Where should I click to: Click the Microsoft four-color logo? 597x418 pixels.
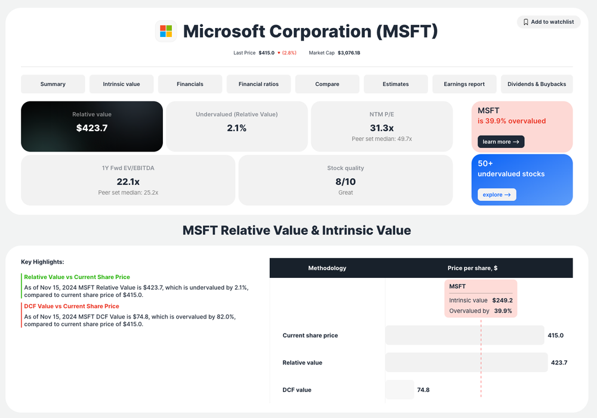[166, 31]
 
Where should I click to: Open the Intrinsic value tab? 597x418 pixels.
[121, 84]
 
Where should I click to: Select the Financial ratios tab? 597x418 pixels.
[259, 84]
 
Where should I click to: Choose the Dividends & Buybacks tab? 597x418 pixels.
[537, 84]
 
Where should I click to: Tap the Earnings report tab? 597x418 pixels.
[464, 84]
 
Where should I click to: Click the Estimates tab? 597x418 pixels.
[395, 84]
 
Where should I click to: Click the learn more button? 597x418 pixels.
[501, 142]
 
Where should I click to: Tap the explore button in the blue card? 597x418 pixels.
[497, 194]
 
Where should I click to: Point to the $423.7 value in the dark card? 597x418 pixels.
[92, 128]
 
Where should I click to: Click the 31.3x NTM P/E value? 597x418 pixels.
[381, 128]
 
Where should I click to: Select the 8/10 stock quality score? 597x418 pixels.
[345, 181]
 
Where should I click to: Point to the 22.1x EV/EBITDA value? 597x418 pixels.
[128, 181]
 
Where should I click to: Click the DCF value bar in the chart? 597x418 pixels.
[399, 390]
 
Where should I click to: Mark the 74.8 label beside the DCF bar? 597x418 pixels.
[423, 390]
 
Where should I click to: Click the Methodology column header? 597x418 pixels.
[327, 268]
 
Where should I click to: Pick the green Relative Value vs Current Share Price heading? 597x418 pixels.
[77, 277]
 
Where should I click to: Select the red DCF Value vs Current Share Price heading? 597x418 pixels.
[72, 306]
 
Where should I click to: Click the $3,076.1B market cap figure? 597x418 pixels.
[349, 53]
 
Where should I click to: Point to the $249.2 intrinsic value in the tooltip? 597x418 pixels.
[502, 301]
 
